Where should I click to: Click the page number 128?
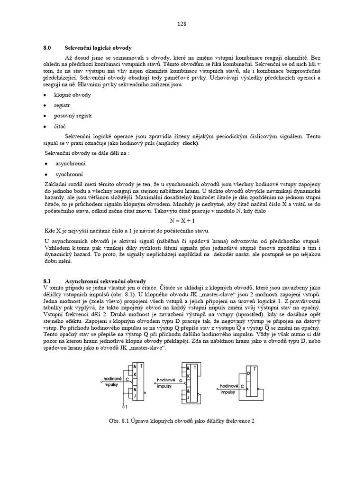(182, 23)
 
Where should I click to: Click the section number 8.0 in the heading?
(47, 48)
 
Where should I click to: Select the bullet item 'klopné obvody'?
(73, 94)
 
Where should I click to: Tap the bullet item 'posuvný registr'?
(73, 115)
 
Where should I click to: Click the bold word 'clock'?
(191, 143)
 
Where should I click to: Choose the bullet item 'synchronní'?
(70, 174)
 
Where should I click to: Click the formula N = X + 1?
(182, 221)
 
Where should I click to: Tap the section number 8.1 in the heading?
(47, 281)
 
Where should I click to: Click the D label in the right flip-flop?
(249, 373)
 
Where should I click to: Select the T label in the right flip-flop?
(256, 369)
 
